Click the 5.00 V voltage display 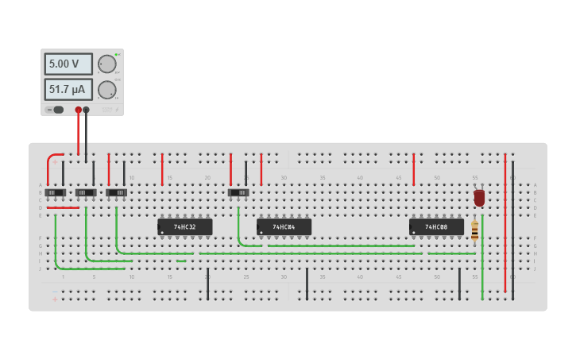click(68, 64)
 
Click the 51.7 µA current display click(68, 89)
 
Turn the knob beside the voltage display click(106, 64)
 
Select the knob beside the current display click(106, 89)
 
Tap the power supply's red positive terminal click(78, 110)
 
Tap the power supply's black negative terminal click(87, 110)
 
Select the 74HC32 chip click(185, 227)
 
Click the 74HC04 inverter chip click(284, 227)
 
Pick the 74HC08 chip click(436, 227)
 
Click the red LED click(479, 197)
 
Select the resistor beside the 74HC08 click(475, 230)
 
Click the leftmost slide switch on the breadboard click(55, 192)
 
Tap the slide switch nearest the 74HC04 click(238, 192)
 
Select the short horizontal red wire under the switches click(63, 208)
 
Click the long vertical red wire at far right click(505, 223)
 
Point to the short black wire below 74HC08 click(459, 284)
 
